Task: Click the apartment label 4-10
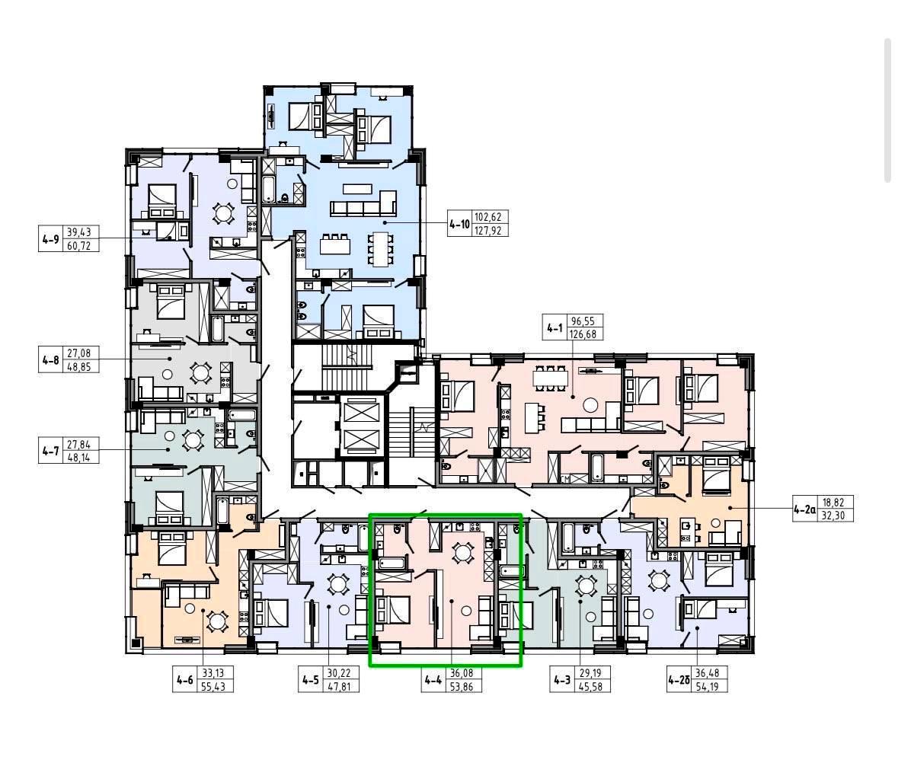(x=459, y=224)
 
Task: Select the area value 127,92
(x=488, y=231)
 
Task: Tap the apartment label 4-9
(x=50, y=238)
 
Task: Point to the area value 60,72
(x=79, y=246)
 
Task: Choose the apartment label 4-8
(x=50, y=360)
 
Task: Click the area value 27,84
(x=79, y=444)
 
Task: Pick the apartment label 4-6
(x=185, y=680)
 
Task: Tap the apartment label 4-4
(x=433, y=680)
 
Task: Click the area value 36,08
(x=462, y=673)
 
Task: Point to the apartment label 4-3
(x=562, y=680)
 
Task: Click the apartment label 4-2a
(x=804, y=508)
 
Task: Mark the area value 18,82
(x=834, y=501)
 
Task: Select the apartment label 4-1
(x=554, y=328)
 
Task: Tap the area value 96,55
(x=583, y=321)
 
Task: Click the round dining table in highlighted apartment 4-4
(x=462, y=553)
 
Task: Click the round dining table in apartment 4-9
(x=222, y=214)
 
